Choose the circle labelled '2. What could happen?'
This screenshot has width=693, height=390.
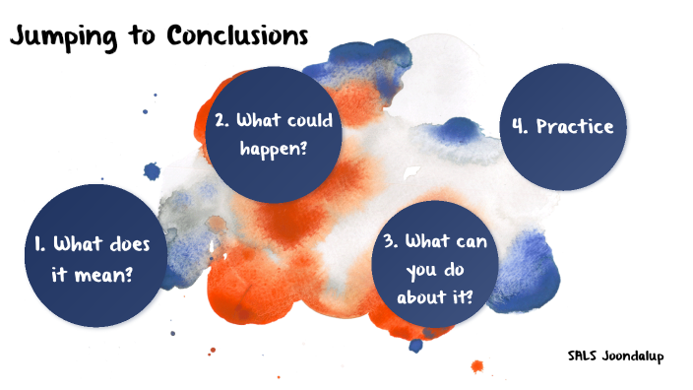(x=274, y=137)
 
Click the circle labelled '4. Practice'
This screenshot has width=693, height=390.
(x=563, y=126)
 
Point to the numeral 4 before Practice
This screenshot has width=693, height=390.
(x=519, y=126)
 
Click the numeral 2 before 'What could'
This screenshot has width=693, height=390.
(x=220, y=121)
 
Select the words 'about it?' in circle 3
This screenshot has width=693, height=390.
(x=435, y=293)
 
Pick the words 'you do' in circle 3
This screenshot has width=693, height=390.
(x=435, y=267)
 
